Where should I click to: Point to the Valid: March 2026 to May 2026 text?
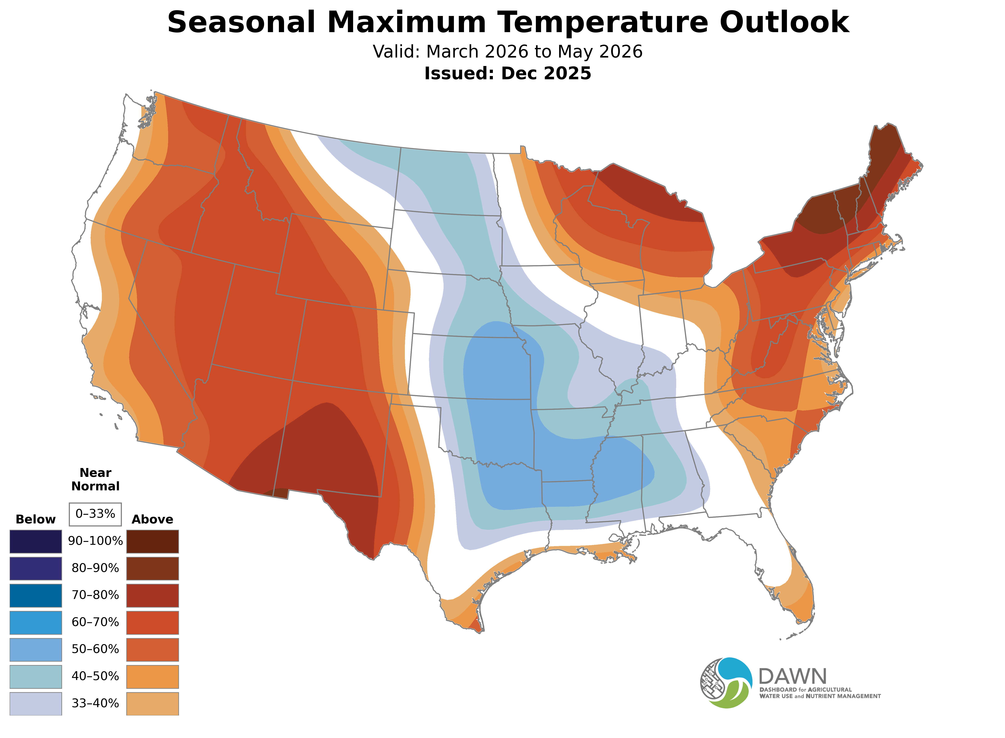pos(508,52)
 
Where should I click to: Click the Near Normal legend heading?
pos(95,479)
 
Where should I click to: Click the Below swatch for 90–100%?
pos(36,542)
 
